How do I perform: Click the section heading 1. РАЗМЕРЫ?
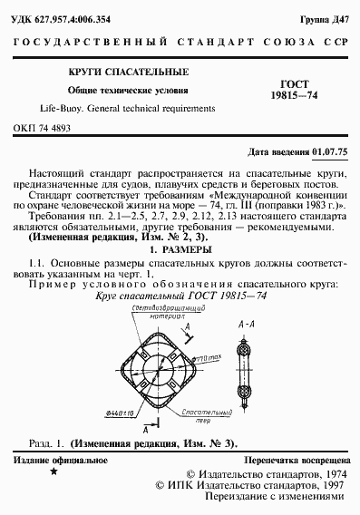coord(180,248)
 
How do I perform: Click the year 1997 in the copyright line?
coord(326,484)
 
